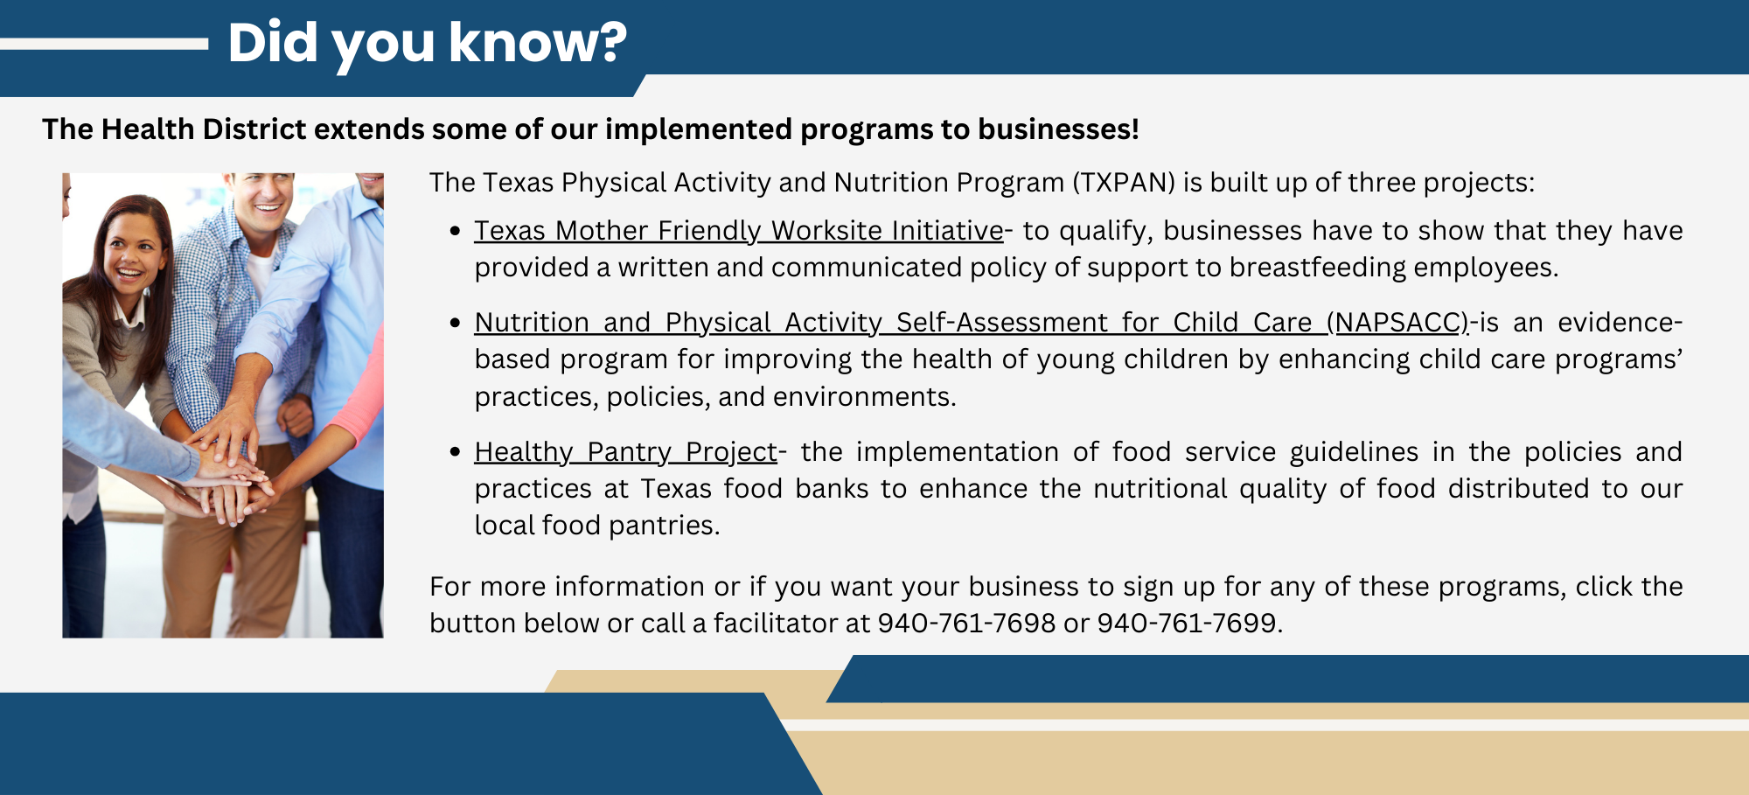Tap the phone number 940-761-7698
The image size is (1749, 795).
[x=966, y=623]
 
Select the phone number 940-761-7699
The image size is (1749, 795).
[x=1187, y=623]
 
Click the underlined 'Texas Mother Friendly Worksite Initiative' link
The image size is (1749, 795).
[x=738, y=231]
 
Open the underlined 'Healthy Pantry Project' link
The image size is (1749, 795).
[x=625, y=452]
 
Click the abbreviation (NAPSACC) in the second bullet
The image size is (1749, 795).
[x=1397, y=323]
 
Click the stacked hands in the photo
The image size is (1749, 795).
[x=229, y=481]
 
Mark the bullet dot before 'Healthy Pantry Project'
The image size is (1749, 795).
[x=455, y=452]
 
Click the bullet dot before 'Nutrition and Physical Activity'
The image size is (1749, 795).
[x=455, y=323]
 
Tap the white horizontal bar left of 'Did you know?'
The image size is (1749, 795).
[x=103, y=44]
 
